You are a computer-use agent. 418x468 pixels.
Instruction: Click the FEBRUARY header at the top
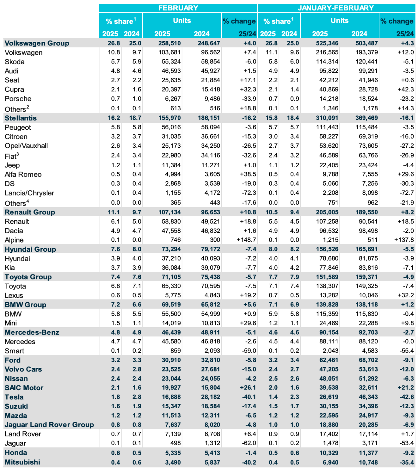coord(178,8)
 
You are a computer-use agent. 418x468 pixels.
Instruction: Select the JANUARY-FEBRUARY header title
coord(336,8)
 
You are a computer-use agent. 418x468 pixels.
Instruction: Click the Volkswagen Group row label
coord(37,43)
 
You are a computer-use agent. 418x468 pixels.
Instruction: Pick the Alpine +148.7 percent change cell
coord(246,240)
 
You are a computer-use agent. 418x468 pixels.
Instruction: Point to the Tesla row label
coord(14,397)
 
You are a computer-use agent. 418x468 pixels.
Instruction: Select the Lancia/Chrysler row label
coord(29,193)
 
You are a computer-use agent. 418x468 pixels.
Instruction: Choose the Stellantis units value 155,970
coord(169,118)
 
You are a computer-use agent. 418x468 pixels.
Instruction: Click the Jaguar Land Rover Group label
coord(49,424)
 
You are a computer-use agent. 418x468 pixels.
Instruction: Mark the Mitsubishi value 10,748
coord(368,462)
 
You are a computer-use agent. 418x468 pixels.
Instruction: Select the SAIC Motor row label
coord(24,388)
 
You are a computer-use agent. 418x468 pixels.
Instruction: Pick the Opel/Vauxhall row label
coord(26,146)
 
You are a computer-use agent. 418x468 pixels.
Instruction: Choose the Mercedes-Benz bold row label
coord(32,332)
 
